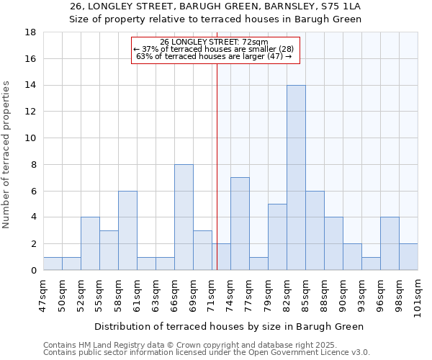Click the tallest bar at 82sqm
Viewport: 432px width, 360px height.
[x=296, y=178]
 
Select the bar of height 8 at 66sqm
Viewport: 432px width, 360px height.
[x=184, y=217]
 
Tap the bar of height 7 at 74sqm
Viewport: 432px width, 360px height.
[x=240, y=224]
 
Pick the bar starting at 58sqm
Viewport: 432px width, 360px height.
[x=127, y=230]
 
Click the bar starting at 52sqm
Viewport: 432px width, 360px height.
[x=90, y=243]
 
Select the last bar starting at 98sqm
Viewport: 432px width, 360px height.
[x=408, y=257]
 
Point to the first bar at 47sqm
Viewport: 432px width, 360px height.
[x=53, y=264]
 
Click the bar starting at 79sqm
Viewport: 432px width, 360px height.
[x=277, y=237]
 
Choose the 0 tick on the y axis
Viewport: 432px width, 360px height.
[x=33, y=271]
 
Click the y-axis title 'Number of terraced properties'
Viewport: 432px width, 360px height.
[x=6, y=155]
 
